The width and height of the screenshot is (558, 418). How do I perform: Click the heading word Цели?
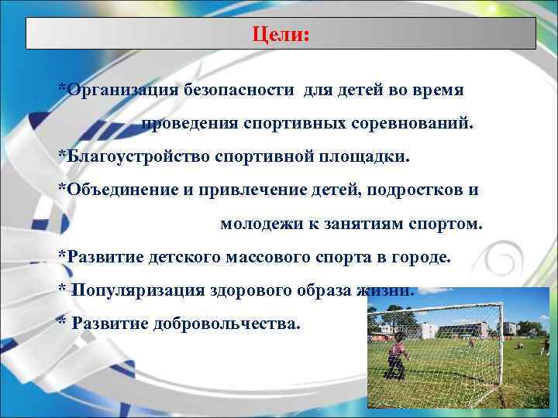point(281,36)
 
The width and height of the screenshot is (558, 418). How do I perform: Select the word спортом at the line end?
point(446,224)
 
